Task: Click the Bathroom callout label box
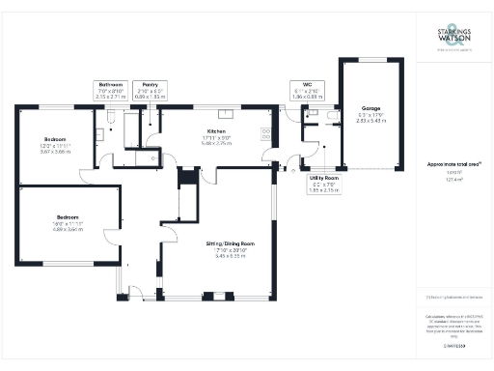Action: (110, 91)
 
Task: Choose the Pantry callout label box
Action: (150, 91)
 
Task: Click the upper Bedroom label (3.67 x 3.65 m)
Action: (53, 139)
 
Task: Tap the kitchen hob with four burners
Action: (265, 134)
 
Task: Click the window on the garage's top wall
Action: (370, 59)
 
